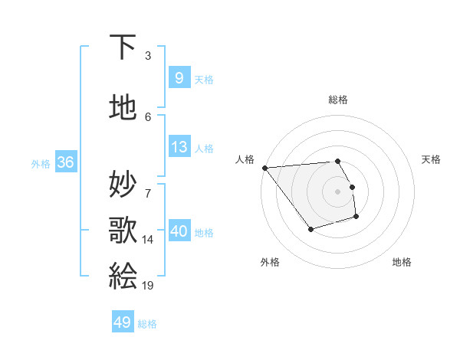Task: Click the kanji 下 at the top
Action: point(123,47)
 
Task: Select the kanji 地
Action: point(123,108)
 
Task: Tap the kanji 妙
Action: point(123,185)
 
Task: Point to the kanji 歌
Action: point(123,229)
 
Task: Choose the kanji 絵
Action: point(123,274)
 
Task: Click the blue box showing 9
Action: point(179,78)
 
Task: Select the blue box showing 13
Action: point(179,147)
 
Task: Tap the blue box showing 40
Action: point(179,231)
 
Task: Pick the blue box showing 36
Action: point(65,162)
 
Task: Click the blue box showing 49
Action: point(123,323)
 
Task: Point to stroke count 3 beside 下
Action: point(148,56)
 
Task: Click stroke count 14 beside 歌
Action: point(148,240)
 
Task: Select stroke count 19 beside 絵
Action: point(148,285)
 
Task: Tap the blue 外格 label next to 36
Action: point(41,163)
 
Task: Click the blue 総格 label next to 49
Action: point(148,324)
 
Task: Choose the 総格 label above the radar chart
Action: point(338,100)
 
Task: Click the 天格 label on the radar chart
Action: point(432,159)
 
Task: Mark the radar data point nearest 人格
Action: point(264,168)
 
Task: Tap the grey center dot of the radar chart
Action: point(338,191)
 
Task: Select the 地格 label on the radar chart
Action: point(402,262)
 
